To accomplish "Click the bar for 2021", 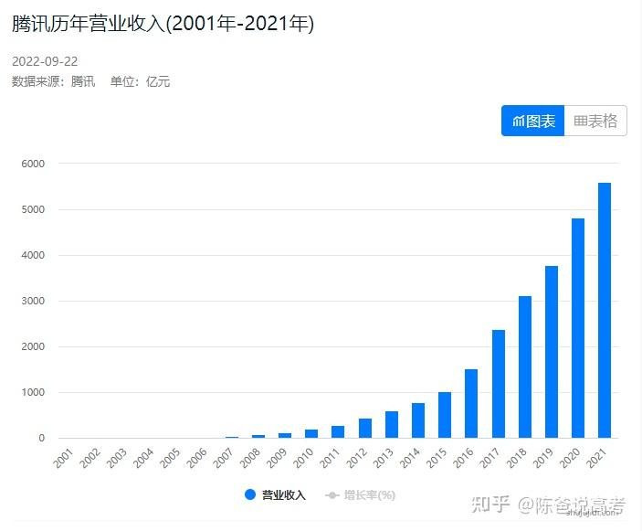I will point(605,311).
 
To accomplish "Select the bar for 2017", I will point(499,384).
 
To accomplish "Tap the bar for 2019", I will point(552,352).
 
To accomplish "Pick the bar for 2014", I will point(418,420).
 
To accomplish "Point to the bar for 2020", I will point(578,328).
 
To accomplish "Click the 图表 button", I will point(533,121).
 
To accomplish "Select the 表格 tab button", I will point(595,121).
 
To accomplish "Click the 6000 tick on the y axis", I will point(33,164).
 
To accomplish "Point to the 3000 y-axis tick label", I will point(33,301).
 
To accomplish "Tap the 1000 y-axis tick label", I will point(33,392).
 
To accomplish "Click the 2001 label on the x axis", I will point(62,460).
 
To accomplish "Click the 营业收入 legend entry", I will point(275,495).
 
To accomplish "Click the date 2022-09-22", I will point(45,61).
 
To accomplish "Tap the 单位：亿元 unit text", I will point(140,81).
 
